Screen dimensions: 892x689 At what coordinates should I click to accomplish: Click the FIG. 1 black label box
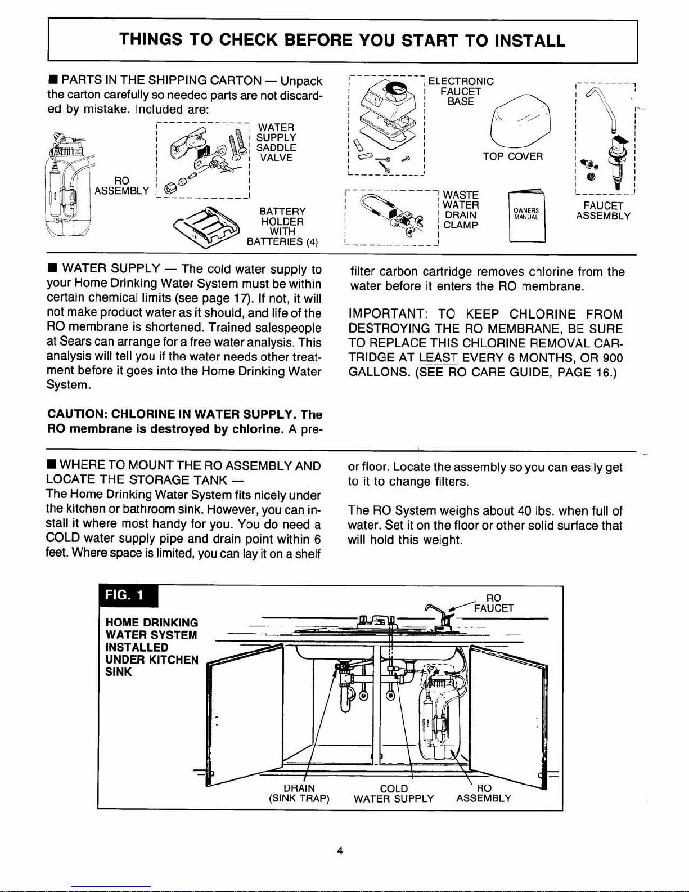pos(128,596)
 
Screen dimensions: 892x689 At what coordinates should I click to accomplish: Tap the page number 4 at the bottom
pos(340,850)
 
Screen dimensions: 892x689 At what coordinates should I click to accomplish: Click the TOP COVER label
pos(512,156)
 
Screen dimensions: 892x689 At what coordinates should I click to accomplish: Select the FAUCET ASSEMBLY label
pos(603,211)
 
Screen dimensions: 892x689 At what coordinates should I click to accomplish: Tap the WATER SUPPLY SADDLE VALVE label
pos(276,142)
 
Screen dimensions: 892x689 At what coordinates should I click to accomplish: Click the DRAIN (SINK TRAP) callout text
pos(299,794)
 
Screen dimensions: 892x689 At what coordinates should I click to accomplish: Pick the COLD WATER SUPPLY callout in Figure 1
pos(394,794)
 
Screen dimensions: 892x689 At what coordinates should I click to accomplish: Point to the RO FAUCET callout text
pos(493,603)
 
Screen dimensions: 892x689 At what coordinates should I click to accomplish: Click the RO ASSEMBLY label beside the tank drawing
pos(121,186)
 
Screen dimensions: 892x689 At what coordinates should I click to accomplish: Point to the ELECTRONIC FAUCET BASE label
pos(461,91)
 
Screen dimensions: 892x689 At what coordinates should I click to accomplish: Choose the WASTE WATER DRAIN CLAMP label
pos(461,210)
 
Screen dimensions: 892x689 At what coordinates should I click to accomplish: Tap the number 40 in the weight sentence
pos(524,511)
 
